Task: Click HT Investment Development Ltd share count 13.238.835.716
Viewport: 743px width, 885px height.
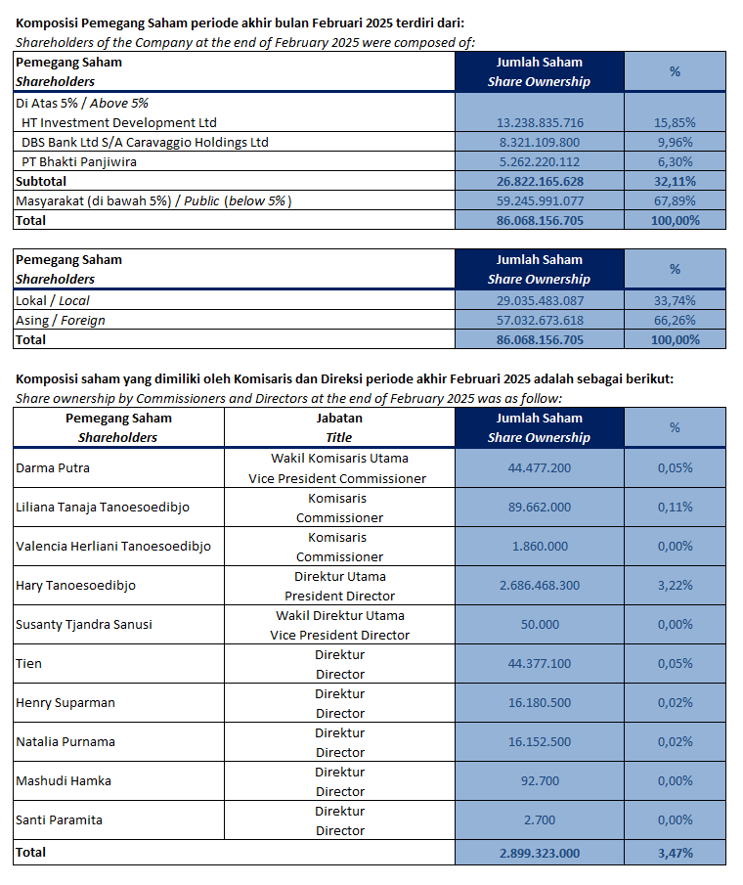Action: pyautogui.click(x=540, y=122)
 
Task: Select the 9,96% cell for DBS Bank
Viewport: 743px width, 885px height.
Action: pyautogui.click(x=675, y=142)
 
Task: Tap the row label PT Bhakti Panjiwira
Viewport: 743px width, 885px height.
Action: pyautogui.click(x=79, y=162)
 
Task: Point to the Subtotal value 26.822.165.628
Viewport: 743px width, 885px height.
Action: pyautogui.click(x=540, y=181)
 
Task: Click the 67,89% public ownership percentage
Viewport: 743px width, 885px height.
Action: pyautogui.click(x=675, y=200)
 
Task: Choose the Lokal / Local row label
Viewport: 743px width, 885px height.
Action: pyautogui.click(x=53, y=301)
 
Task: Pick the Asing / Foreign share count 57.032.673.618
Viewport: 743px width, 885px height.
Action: pyautogui.click(x=540, y=320)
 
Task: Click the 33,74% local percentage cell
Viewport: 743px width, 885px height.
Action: pyautogui.click(x=675, y=301)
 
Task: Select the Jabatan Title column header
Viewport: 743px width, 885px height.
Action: pyautogui.click(x=339, y=427)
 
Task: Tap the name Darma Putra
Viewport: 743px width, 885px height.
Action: pyautogui.click(x=53, y=467)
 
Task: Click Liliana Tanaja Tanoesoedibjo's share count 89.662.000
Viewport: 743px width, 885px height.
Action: pyautogui.click(x=540, y=507)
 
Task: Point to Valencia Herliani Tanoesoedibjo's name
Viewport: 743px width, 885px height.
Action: pyautogui.click(x=113, y=547)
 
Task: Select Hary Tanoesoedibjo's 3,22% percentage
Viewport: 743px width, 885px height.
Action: pyautogui.click(x=675, y=586)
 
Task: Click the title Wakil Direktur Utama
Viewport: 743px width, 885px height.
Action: pyautogui.click(x=339, y=615)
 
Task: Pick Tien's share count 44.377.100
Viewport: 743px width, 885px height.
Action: pyautogui.click(x=540, y=663)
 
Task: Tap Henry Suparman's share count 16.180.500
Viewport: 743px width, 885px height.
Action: pyautogui.click(x=540, y=703)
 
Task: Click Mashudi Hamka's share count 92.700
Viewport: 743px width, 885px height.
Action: pyautogui.click(x=540, y=780)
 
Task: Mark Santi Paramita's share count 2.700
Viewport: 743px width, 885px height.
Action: pyautogui.click(x=540, y=820)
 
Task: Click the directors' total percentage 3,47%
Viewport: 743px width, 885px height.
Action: pyautogui.click(x=675, y=853)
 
